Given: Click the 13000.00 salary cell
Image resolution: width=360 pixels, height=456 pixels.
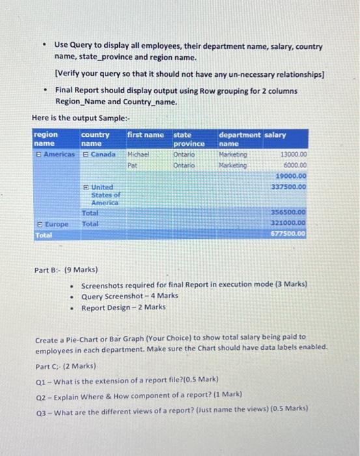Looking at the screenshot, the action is tap(294, 155).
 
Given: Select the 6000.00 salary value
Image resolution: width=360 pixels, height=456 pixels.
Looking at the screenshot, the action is tap(295, 165).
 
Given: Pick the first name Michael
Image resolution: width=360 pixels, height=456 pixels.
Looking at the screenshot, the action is tap(138, 155).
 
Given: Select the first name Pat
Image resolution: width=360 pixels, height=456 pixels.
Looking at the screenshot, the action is tap(133, 165).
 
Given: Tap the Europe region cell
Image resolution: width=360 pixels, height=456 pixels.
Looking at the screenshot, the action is tap(52, 223).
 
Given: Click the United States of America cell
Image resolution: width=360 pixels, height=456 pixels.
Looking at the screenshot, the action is tap(104, 194).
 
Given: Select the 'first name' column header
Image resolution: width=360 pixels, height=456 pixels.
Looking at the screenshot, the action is tap(145, 135).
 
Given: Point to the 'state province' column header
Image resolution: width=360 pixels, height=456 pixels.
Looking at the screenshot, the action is tap(189, 139).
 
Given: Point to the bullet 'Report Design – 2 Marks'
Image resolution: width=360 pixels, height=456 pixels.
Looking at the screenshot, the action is tap(124, 307).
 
